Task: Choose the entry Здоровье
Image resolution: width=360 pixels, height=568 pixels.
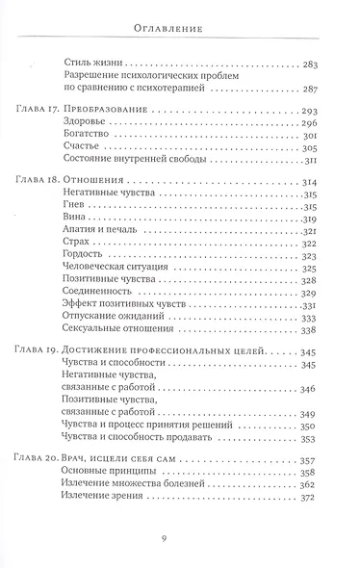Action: pyautogui.click(x=83, y=129)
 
